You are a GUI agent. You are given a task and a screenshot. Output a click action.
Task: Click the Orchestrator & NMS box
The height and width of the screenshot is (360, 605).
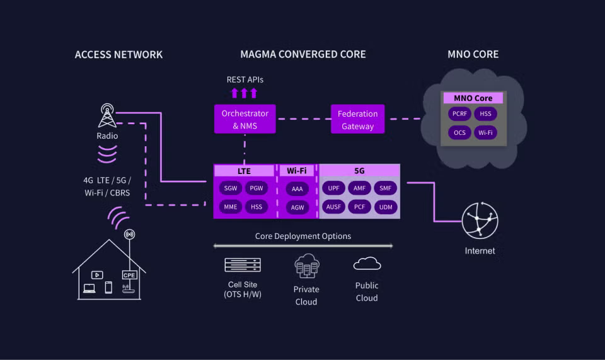click(245, 120)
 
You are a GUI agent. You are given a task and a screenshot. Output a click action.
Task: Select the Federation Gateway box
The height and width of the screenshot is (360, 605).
click(357, 120)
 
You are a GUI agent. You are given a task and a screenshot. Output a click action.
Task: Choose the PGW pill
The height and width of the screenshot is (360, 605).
click(256, 188)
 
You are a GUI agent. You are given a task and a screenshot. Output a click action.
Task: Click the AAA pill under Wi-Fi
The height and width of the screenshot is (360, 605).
click(297, 189)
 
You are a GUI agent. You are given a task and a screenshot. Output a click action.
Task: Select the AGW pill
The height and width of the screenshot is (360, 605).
click(297, 207)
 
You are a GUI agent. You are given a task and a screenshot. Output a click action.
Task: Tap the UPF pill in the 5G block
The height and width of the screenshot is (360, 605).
click(333, 188)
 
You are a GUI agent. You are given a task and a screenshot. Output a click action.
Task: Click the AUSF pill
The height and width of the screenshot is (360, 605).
click(333, 207)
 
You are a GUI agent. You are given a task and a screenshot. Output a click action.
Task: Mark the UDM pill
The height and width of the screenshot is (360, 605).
click(384, 207)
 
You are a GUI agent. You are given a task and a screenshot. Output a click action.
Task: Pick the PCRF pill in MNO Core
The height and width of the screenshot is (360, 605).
click(459, 114)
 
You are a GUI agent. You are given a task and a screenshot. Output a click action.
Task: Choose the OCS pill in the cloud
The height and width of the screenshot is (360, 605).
click(459, 133)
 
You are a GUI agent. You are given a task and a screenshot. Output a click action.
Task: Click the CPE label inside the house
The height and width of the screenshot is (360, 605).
click(129, 275)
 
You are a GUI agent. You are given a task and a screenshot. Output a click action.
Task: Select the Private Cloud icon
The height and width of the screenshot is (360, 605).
click(306, 266)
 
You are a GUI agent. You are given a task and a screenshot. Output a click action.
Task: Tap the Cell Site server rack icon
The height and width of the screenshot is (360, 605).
click(243, 265)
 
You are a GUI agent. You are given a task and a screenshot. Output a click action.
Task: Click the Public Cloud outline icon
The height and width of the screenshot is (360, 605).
click(367, 264)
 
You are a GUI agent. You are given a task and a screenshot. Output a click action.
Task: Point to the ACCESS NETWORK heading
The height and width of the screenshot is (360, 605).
click(118, 54)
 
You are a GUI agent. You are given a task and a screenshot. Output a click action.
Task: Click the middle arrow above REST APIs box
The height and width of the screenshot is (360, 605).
click(245, 93)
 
